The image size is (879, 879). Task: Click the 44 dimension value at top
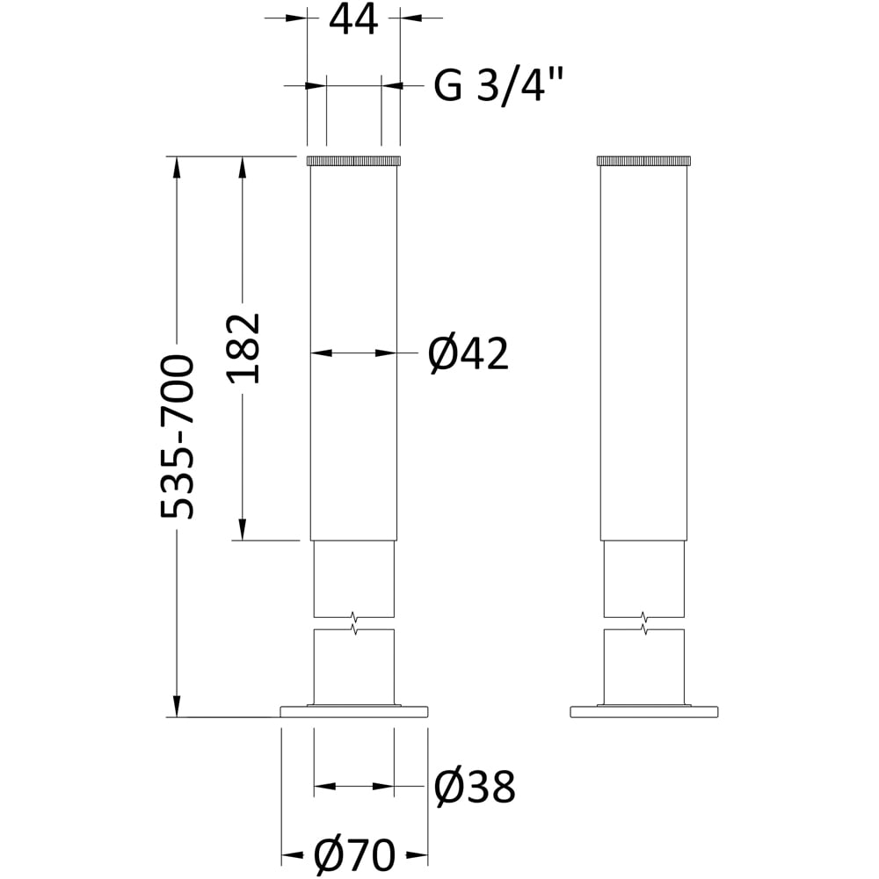[x=353, y=19]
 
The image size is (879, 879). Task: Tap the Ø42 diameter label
[x=469, y=354]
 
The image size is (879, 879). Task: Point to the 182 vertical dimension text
[x=243, y=347]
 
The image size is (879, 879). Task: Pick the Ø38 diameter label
[x=475, y=787]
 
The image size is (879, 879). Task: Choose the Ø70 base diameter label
[x=354, y=854]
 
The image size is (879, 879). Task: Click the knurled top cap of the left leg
[x=353, y=161]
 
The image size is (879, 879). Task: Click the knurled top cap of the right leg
[x=643, y=161]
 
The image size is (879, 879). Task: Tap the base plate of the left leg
[x=354, y=711]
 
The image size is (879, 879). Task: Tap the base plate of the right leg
[x=644, y=711]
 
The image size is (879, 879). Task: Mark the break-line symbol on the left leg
[x=353, y=622]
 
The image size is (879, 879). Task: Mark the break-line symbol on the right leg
[x=643, y=622]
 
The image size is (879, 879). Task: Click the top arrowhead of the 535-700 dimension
[x=177, y=167]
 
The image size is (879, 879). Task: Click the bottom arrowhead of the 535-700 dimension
[x=177, y=707]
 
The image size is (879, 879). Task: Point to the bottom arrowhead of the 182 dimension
[x=243, y=529]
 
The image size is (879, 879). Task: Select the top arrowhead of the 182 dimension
[x=243, y=167]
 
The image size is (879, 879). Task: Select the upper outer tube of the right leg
[x=643, y=352]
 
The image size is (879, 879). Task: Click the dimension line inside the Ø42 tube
[x=353, y=353]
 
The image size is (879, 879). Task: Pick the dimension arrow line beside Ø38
[x=353, y=786]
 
